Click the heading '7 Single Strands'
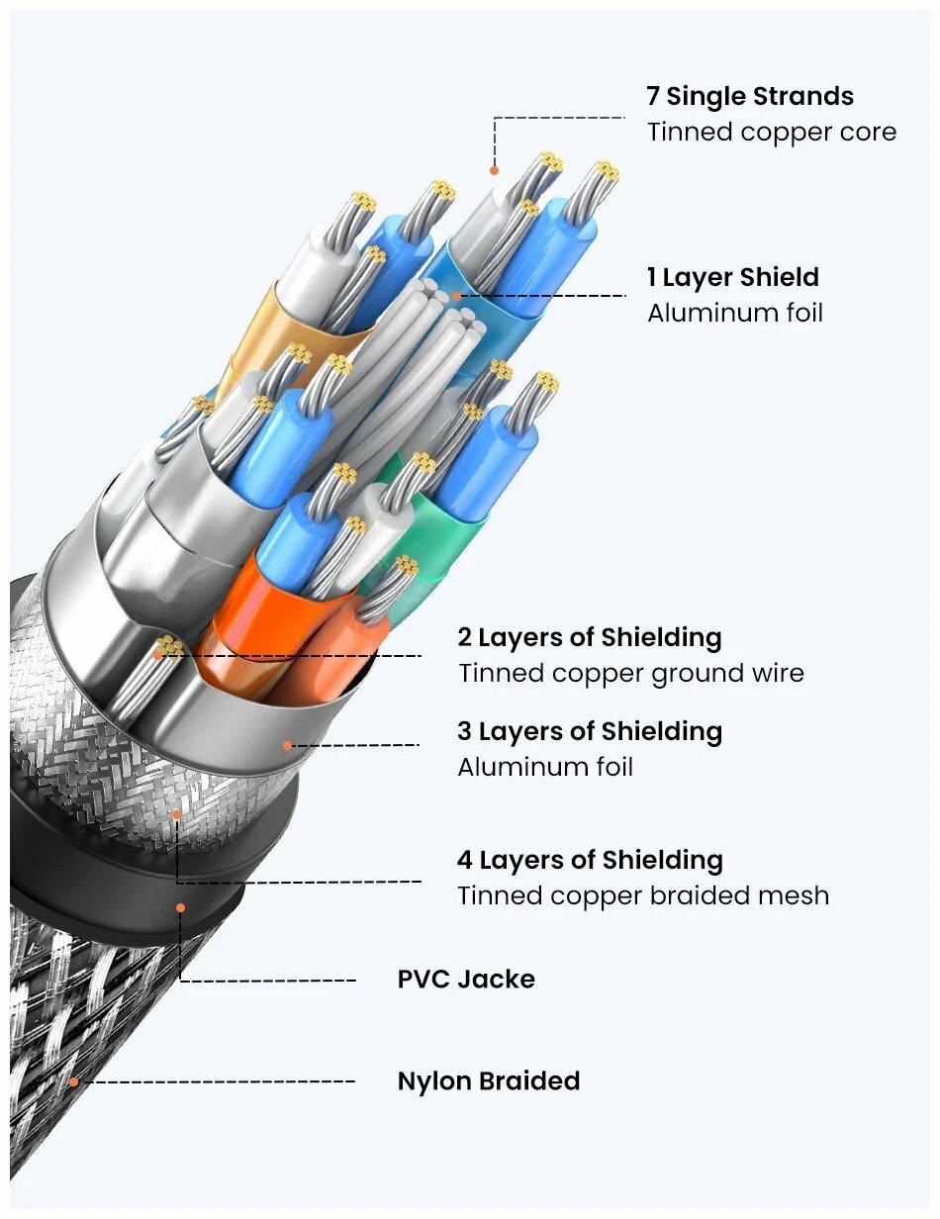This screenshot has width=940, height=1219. [749, 96]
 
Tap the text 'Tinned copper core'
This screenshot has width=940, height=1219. [772, 133]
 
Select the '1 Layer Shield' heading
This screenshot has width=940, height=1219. [733, 277]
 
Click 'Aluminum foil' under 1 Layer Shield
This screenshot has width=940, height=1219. [734, 314]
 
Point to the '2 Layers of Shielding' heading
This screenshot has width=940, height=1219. [589, 637]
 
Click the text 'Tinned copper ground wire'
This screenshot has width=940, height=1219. [630, 674]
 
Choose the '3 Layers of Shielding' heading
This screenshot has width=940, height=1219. [590, 731]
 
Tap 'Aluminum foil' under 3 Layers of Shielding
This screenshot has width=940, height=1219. [544, 767]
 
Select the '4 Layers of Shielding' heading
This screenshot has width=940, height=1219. [590, 859]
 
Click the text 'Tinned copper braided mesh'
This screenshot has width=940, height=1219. [642, 895]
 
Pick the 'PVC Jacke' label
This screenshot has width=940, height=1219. [466, 980]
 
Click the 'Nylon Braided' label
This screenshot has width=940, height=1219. [488, 1080]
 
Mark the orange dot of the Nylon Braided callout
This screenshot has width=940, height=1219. [73, 1081]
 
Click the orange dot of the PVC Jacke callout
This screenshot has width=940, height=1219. [180, 906]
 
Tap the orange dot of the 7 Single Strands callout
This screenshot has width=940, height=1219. [493, 170]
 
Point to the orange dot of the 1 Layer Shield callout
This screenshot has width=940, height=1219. [457, 295]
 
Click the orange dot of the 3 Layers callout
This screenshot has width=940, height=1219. [288, 745]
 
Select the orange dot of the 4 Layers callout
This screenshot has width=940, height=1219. [177, 814]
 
